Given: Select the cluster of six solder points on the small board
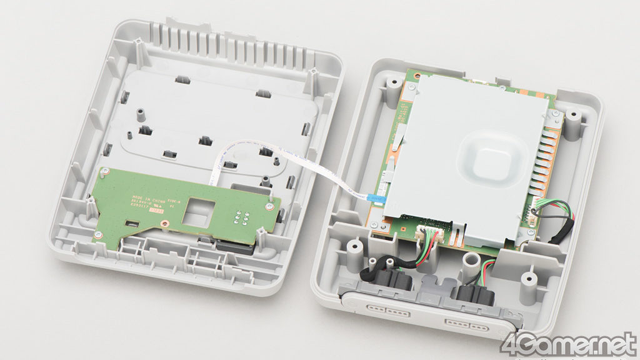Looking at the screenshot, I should tap(242, 217).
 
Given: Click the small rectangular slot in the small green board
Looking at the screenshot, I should tap(131, 222).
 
